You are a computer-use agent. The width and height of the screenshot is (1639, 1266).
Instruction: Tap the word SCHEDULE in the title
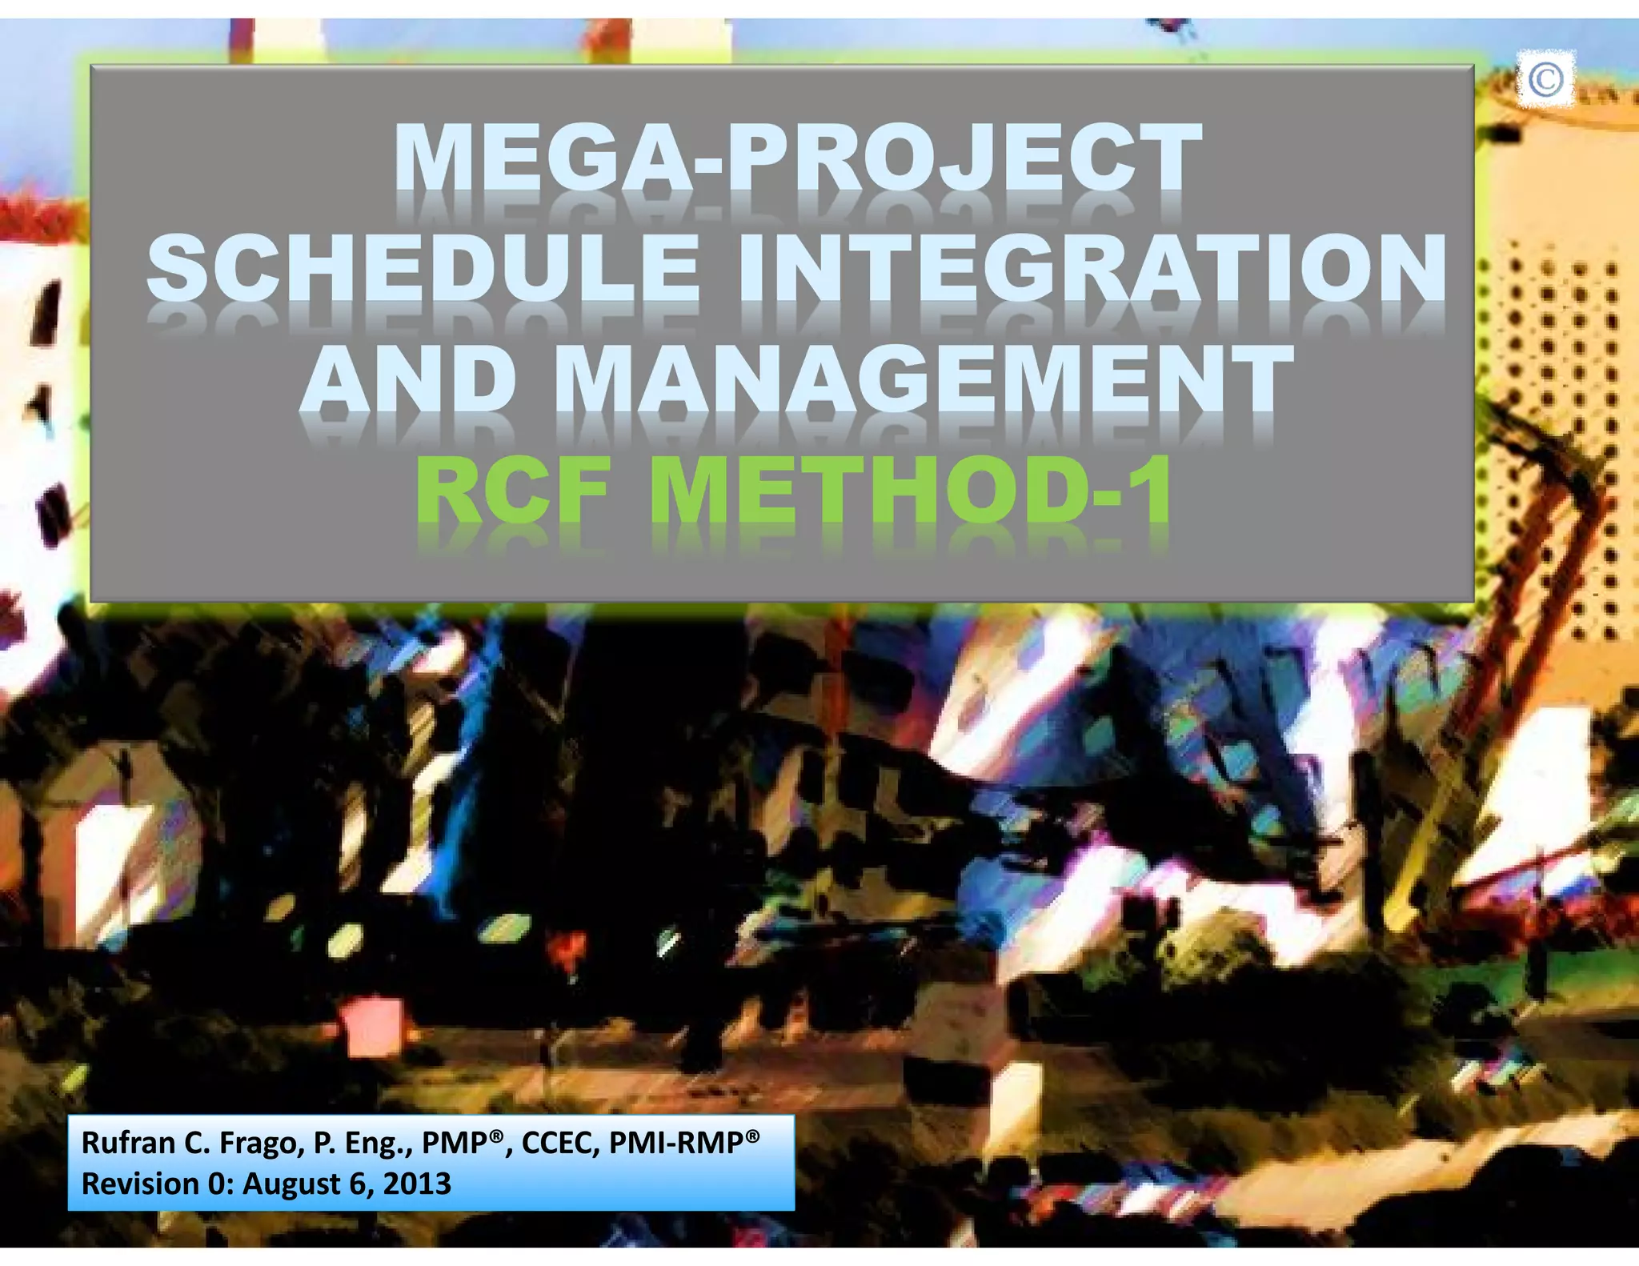(x=423, y=267)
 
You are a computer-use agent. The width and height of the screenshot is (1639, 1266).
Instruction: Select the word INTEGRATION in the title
(x=1092, y=267)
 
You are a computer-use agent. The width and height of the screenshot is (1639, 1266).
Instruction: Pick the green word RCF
(x=513, y=488)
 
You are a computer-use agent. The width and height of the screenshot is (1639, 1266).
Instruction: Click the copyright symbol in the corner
(x=1545, y=79)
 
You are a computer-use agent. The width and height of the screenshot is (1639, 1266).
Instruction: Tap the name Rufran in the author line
(x=129, y=1143)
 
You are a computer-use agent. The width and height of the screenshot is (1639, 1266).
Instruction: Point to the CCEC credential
(x=559, y=1143)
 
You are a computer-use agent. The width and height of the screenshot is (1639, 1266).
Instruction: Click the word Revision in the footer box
(x=140, y=1184)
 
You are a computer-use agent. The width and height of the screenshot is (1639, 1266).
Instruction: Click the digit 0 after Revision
(x=217, y=1184)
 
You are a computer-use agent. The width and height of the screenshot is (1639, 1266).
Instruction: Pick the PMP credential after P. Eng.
(x=456, y=1143)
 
